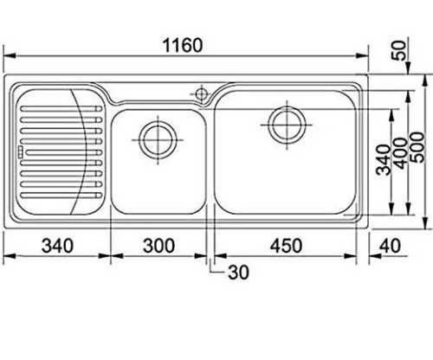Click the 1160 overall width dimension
coord(183,45)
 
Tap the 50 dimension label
coord(398,50)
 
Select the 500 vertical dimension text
coord(417,147)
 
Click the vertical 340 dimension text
coord(384,160)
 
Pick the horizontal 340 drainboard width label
coord(57,246)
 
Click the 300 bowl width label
coord(158,246)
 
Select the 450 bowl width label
coord(286,246)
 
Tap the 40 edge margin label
coord(390,246)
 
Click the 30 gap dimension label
coord(238,272)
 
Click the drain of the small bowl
coord(158,140)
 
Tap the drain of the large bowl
coord(287,125)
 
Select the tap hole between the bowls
coord(202,93)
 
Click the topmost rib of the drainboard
coord(61,109)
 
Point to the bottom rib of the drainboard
coord(61,196)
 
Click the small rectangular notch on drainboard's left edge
coord(20,151)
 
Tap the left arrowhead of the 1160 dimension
coord(10,55)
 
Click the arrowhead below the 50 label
coord(408,69)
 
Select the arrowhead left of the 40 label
coord(375,256)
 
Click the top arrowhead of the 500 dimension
coord(424,80)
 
